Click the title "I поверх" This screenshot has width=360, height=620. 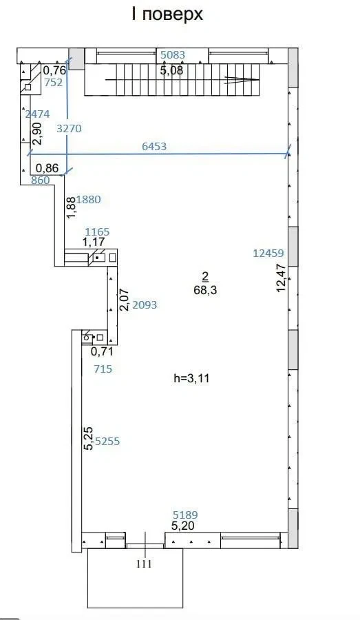[167, 14]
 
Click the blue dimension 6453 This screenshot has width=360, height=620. [154, 146]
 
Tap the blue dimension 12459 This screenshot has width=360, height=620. [268, 253]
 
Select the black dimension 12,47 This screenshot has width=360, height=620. [281, 278]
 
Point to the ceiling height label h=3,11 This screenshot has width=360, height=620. [191, 378]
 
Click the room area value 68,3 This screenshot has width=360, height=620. [205, 291]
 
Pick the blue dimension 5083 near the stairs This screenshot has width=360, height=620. [173, 54]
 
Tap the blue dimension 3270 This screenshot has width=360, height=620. [69, 129]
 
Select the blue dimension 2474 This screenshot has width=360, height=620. [38, 114]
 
